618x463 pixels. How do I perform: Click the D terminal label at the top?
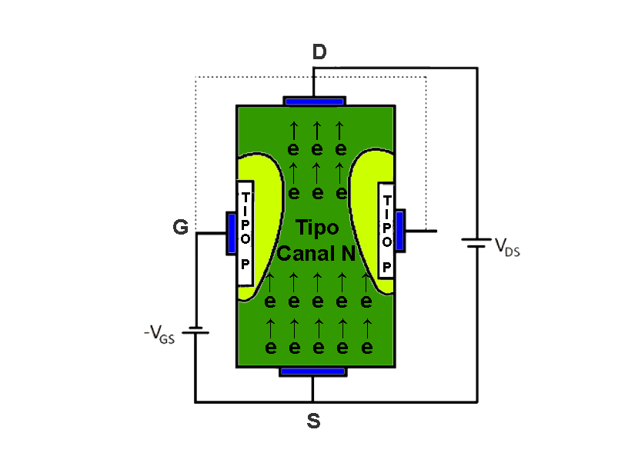click(x=319, y=52)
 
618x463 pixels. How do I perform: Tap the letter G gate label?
click(x=180, y=228)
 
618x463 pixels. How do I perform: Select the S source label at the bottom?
click(x=313, y=421)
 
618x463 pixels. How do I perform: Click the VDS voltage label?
click(x=507, y=246)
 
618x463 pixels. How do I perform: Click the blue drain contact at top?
click(x=314, y=101)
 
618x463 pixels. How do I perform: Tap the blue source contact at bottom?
click(x=312, y=371)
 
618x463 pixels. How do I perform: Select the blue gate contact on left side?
click(x=231, y=232)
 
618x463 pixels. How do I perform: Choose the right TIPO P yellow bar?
click(x=386, y=231)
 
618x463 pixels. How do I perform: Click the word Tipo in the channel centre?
click(x=317, y=228)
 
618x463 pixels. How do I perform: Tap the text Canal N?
click(x=316, y=253)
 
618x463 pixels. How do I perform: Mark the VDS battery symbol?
click(x=476, y=243)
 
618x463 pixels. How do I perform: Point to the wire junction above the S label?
click(x=312, y=401)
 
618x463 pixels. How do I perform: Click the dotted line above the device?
click(x=308, y=77)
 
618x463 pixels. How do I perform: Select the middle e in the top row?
click(x=316, y=149)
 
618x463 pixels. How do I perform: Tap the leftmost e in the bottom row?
click(x=270, y=348)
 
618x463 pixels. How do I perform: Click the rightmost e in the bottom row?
click(x=366, y=348)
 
